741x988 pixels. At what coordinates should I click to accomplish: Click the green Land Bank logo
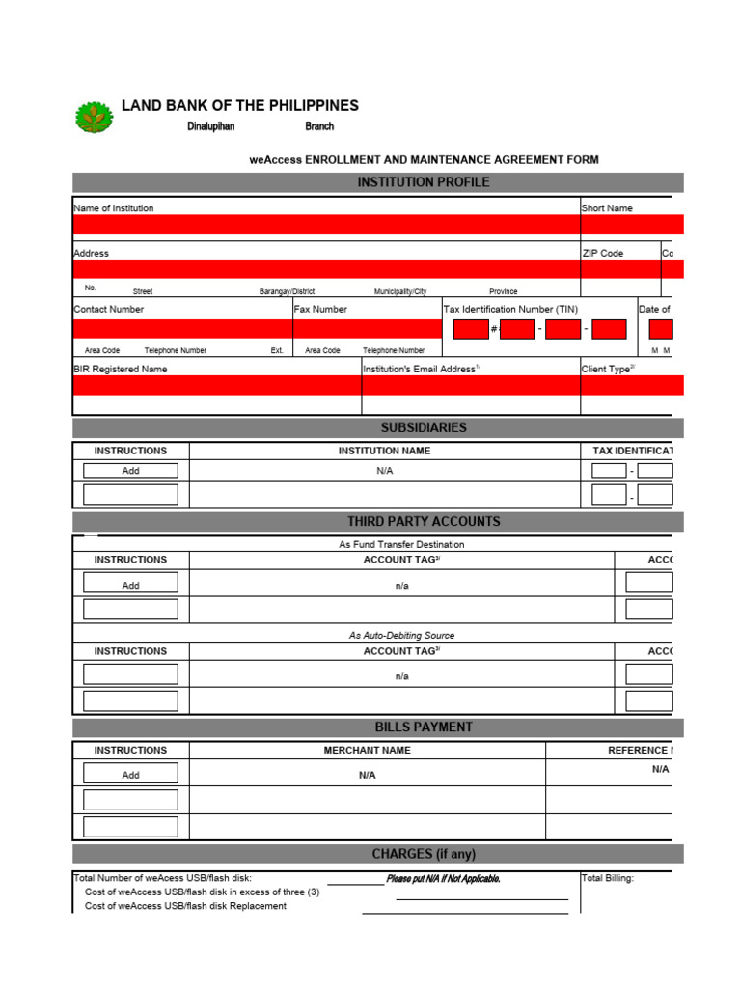(x=94, y=117)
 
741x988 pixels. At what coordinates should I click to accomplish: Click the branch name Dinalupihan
(x=210, y=126)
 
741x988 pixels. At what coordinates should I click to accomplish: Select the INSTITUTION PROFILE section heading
(x=424, y=182)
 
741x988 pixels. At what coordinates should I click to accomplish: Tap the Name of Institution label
(x=114, y=208)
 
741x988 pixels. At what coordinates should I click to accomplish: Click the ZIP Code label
(x=602, y=253)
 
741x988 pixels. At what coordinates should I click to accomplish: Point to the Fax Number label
(x=321, y=309)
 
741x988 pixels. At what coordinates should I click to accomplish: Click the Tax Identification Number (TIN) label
(x=510, y=309)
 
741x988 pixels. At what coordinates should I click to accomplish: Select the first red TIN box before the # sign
(x=471, y=329)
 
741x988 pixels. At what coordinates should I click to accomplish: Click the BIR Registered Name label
(x=121, y=369)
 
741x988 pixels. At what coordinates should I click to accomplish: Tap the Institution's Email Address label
(x=421, y=369)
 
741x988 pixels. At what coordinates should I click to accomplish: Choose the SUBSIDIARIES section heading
(x=424, y=427)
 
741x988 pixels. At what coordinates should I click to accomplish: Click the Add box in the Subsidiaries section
(x=130, y=471)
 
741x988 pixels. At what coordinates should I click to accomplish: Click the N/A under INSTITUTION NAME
(x=385, y=471)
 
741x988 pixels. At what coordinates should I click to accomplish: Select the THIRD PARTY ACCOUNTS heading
(x=424, y=521)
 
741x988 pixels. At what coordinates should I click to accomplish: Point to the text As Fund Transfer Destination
(x=401, y=544)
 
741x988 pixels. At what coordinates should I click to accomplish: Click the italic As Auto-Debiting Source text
(x=401, y=635)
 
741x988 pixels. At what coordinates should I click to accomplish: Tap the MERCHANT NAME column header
(x=367, y=750)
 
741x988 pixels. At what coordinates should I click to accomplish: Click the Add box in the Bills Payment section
(x=130, y=775)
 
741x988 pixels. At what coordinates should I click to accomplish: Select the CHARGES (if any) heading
(x=424, y=854)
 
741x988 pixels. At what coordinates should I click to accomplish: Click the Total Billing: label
(x=608, y=878)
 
